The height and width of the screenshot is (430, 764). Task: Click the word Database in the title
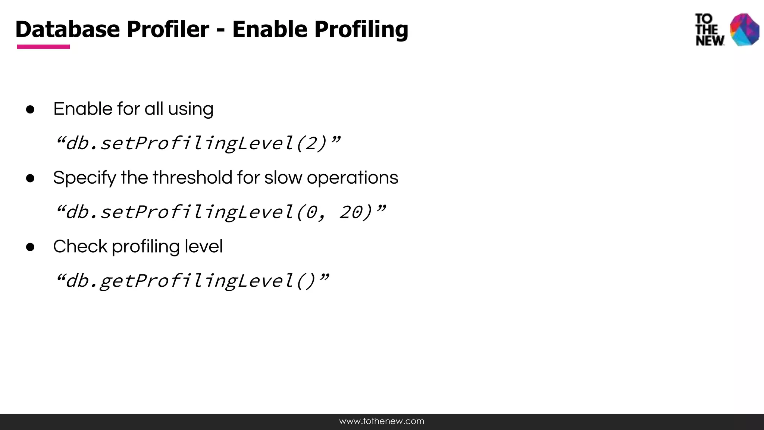click(68, 29)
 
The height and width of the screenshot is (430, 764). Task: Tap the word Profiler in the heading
click(167, 29)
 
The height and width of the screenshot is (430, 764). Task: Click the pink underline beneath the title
click(43, 47)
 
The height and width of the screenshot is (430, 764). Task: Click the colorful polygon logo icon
click(744, 30)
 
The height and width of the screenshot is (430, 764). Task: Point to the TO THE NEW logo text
click(709, 30)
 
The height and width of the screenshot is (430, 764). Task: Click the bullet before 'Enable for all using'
click(30, 109)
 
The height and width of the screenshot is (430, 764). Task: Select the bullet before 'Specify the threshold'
click(30, 178)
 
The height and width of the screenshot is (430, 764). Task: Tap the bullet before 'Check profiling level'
click(30, 247)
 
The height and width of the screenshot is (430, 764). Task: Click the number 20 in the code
click(350, 212)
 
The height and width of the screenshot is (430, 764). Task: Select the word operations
click(352, 178)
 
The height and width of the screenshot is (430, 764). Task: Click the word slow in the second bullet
click(283, 178)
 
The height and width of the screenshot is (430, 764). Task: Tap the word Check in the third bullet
click(80, 246)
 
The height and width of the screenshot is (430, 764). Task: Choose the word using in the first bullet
click(190, 109)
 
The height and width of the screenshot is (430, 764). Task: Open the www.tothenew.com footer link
click(382, 421)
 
